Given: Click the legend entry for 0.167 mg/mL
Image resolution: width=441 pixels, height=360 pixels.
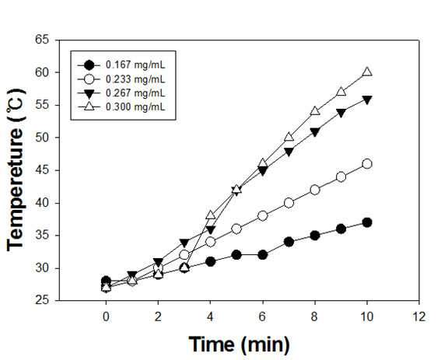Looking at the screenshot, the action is [x=121, y=65].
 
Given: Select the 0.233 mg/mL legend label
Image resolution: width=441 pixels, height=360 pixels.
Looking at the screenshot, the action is [x=121, y=79].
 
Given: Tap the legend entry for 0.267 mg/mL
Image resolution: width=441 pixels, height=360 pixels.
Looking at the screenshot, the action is [x=121, y=93].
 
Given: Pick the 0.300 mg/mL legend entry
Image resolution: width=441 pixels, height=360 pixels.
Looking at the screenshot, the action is [x=121, y=107].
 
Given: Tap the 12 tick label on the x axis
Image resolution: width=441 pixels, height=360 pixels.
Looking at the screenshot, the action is [x=419, y=317].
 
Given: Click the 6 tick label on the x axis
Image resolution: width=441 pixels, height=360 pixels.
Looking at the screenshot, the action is [x=262, y=317].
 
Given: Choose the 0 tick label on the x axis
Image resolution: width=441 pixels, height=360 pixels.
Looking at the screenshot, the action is [x=106, y=317].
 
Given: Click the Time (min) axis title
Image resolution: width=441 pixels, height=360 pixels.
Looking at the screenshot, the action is [x=239, y=344].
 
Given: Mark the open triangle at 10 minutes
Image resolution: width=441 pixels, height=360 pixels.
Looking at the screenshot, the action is [x=367, y=72].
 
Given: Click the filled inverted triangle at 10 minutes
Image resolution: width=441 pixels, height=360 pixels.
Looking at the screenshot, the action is [x=367, y=100].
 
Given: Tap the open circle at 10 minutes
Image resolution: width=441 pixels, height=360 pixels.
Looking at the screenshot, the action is [x=367, y=164].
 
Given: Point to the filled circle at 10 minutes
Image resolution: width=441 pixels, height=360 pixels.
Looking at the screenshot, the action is [x=367, y=222].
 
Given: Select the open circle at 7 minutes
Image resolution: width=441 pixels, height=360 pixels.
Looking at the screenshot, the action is [x=289, y=203].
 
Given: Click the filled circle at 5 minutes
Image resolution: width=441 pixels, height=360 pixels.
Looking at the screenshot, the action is [x=236, y=255].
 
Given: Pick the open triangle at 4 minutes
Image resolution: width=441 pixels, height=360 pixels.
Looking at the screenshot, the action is [x=210, y=215].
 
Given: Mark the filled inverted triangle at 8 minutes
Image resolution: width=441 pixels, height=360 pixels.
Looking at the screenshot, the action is [x=315, y=132].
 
